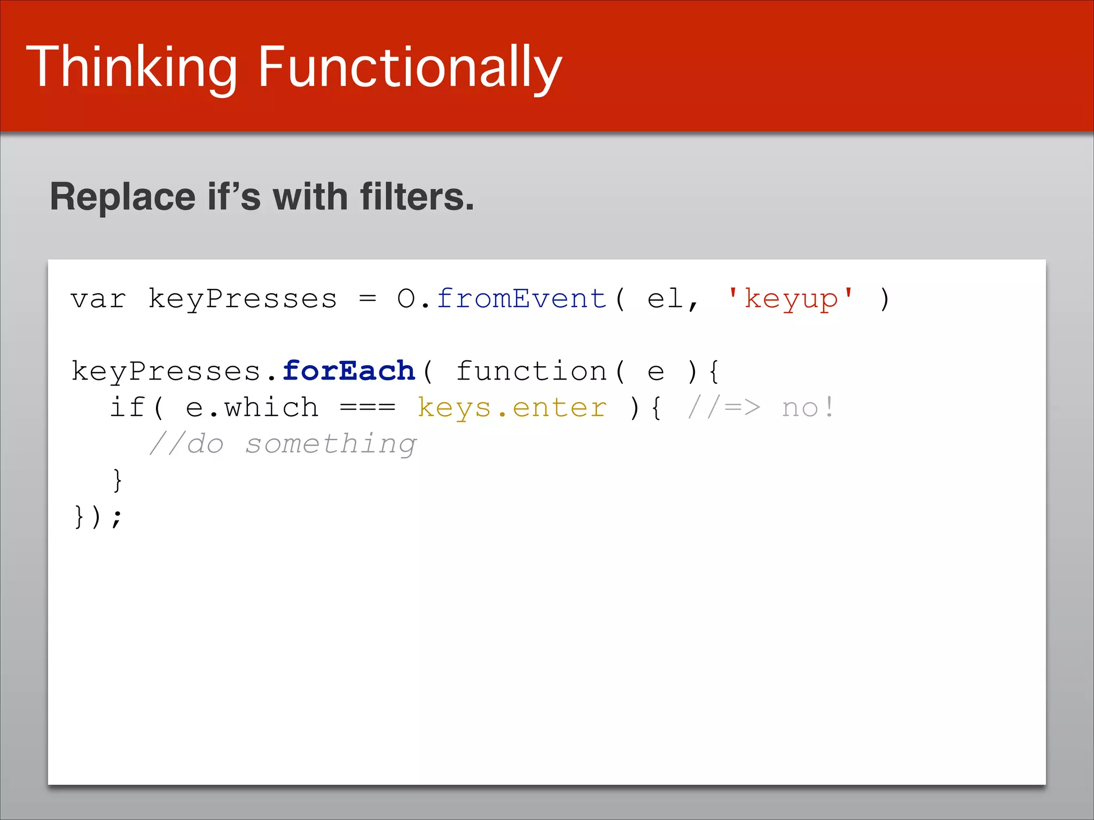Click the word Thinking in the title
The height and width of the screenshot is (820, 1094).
point(131,68)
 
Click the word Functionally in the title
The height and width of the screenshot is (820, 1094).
point(410,68)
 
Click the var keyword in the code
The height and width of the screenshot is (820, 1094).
point(98,299)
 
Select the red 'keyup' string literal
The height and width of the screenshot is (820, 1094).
point(791,299)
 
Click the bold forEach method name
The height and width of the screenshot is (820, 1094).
point(349,371)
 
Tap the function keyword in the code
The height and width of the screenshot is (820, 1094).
point(531,371)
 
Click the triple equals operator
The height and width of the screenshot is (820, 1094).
point(368,408)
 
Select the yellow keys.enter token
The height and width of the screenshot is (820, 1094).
point(512,408)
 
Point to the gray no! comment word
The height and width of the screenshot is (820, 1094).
point(807,408)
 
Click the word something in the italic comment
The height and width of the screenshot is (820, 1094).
point(331,444)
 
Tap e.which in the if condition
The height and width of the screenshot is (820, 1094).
point(252,408)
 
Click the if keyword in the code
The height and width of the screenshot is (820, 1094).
point(127,408)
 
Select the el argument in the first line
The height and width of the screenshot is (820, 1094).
point(666,299)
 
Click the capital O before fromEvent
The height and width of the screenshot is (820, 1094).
point(406,299)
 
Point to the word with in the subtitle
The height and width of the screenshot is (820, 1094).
point(310,196)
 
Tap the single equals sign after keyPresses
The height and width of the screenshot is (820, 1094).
point(368,299)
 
